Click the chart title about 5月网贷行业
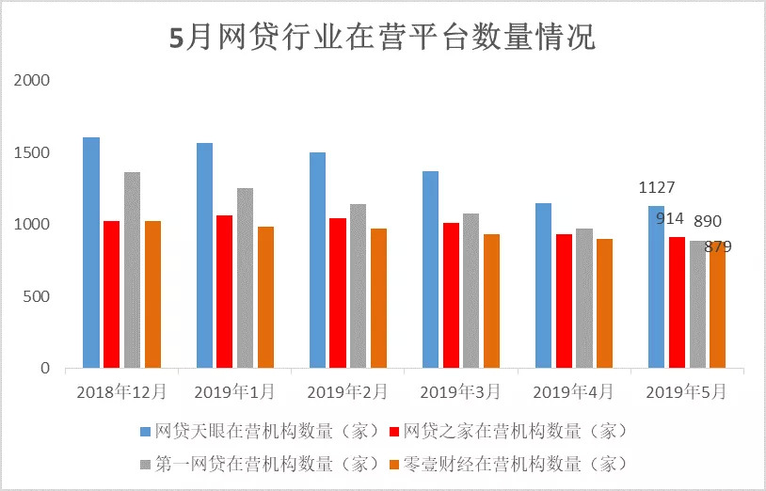coord(382,39)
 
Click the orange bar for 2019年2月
coord(378,298)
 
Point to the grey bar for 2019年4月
coord(584,298)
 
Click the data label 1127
coord(657,188)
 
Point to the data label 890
coord(708,222)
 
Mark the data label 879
coord(718,246)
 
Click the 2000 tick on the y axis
coord(32,81)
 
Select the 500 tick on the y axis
coord(36,296)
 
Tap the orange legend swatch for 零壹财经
coord(395,463)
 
